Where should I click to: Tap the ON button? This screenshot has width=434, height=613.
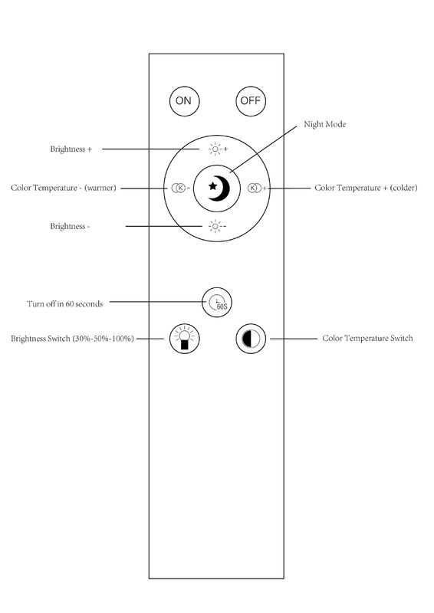tap(184, 101)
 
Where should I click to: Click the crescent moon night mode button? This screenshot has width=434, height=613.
tap(217, 188)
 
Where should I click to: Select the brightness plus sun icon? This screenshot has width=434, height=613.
tap(218, 149)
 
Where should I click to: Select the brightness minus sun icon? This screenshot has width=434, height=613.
tap(217, 226)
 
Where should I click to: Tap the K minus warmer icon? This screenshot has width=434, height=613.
tap(180, 188)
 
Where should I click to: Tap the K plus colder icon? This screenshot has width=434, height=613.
tap(257, 188)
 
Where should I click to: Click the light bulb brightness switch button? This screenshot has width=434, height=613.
tap(184, 338)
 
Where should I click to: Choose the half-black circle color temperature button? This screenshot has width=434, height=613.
tap(251, 339)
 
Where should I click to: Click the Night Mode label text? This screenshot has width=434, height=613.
tap(325, 124)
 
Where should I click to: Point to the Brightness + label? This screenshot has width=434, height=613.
tap(71, 149)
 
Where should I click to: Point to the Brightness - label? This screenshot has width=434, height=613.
tap(70, 226)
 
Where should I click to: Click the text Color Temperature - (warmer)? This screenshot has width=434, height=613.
tap(64, 188)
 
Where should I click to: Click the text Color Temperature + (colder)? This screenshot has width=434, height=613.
tap(366, 188)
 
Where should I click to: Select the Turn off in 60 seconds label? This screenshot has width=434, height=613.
tap(65, 303)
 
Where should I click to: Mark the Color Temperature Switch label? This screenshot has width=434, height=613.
tap(367, 338)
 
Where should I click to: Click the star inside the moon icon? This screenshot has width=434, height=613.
tap(213, 186)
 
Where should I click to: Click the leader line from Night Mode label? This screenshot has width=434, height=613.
tap(263, 149)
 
